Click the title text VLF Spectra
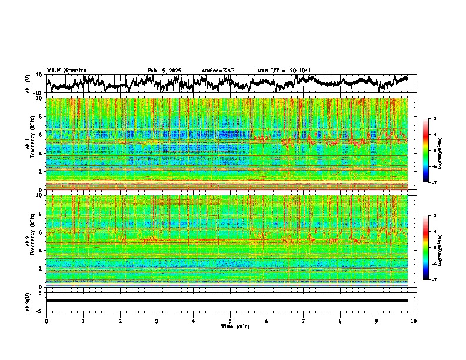tap(66, 71)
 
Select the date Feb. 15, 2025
tap(164, 71)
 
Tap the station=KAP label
tap(218, 71)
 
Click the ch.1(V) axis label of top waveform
tap(28, 84)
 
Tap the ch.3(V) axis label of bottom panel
tap(28, 301)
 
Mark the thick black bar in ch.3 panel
tap(227, 301)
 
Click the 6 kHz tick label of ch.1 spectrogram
tap(41, 135)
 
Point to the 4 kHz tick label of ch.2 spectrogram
tap(41, 250)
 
